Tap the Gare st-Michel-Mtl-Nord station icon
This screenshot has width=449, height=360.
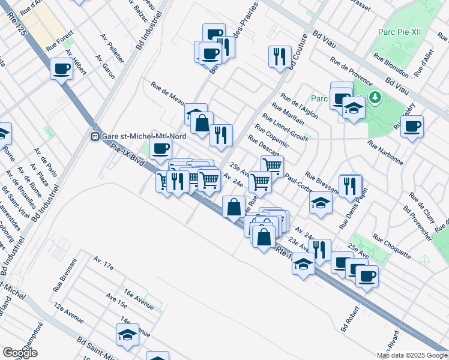[x=94, y=136]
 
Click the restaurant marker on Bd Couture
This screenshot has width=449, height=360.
[x=280, y=57]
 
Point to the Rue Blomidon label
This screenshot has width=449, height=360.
[x=391, y=65]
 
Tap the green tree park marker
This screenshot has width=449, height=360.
[x=375, y=96]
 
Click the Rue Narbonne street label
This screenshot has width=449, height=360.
[x=385, y=152]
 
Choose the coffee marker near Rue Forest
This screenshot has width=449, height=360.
[x=61, y=69]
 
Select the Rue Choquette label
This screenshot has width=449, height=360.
[x=392, y=246]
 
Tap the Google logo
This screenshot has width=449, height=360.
[x=20, y=353]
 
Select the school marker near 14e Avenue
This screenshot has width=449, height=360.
[x=127, y=335]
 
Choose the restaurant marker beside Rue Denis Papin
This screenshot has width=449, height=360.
[x=350, y=185]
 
